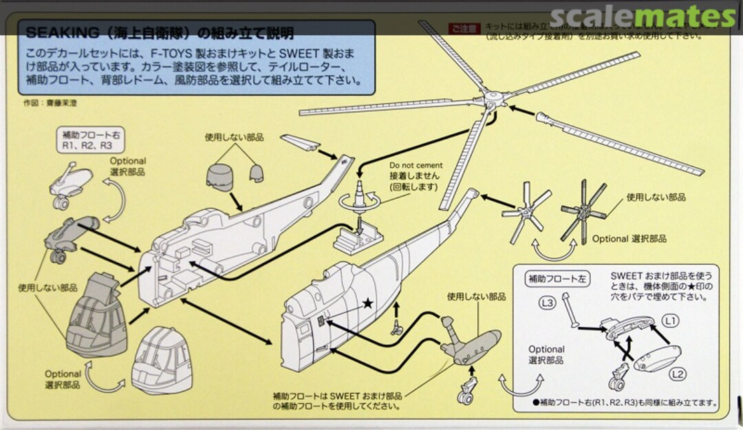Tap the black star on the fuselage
pos(369,302)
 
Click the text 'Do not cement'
pos(416,166)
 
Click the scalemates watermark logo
pos(643,17)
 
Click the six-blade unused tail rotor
pos(583,210)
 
